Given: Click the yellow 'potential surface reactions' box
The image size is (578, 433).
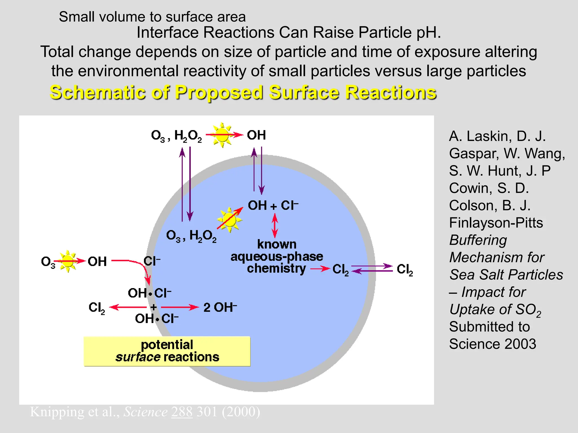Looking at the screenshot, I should pyautogui.click(x=167, y=351).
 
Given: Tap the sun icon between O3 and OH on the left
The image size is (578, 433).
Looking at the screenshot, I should pyautogui.click(x=67, y=261).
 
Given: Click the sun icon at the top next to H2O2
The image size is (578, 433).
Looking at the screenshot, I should pyautogui.click(x=222, y=135).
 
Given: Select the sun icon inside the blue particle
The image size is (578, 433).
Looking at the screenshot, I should pyautogui.click(x=229, y=220).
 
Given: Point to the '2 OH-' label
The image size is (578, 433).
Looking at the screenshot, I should pyautogui.click(x=220, y=307).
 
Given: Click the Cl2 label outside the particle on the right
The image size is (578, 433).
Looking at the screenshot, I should pyautogui.click(x=405, y=269).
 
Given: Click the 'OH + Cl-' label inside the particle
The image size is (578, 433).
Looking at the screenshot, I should pyautogui.click(x=273, y=205).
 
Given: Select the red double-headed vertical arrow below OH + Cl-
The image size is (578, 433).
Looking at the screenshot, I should pyautogui.click(x=275, y=226).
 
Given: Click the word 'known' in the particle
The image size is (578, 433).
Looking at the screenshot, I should pyautogui.click(x=277, y=244).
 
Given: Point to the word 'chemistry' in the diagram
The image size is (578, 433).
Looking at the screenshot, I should pyautogui.click(x=276, y=268).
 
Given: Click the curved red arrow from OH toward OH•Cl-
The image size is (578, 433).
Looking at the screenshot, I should pyautogui.click(x=138, y=265).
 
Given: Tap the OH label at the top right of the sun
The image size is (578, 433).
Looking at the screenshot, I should pyautogui.click(x=256, y=135).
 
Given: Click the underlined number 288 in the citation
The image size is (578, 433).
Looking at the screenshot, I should pyautogui.click(x=182, y=412).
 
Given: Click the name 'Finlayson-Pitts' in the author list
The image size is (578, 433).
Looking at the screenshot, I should pyautogui.click(x=496, y=223).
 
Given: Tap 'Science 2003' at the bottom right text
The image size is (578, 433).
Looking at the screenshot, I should pyautogui.click(x=492, y=344).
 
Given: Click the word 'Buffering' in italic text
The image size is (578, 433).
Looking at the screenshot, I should pyautogui.click(x=478, y=240).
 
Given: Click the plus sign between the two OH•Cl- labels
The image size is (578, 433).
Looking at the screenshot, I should pyautogui.click(x=153, y=307).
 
